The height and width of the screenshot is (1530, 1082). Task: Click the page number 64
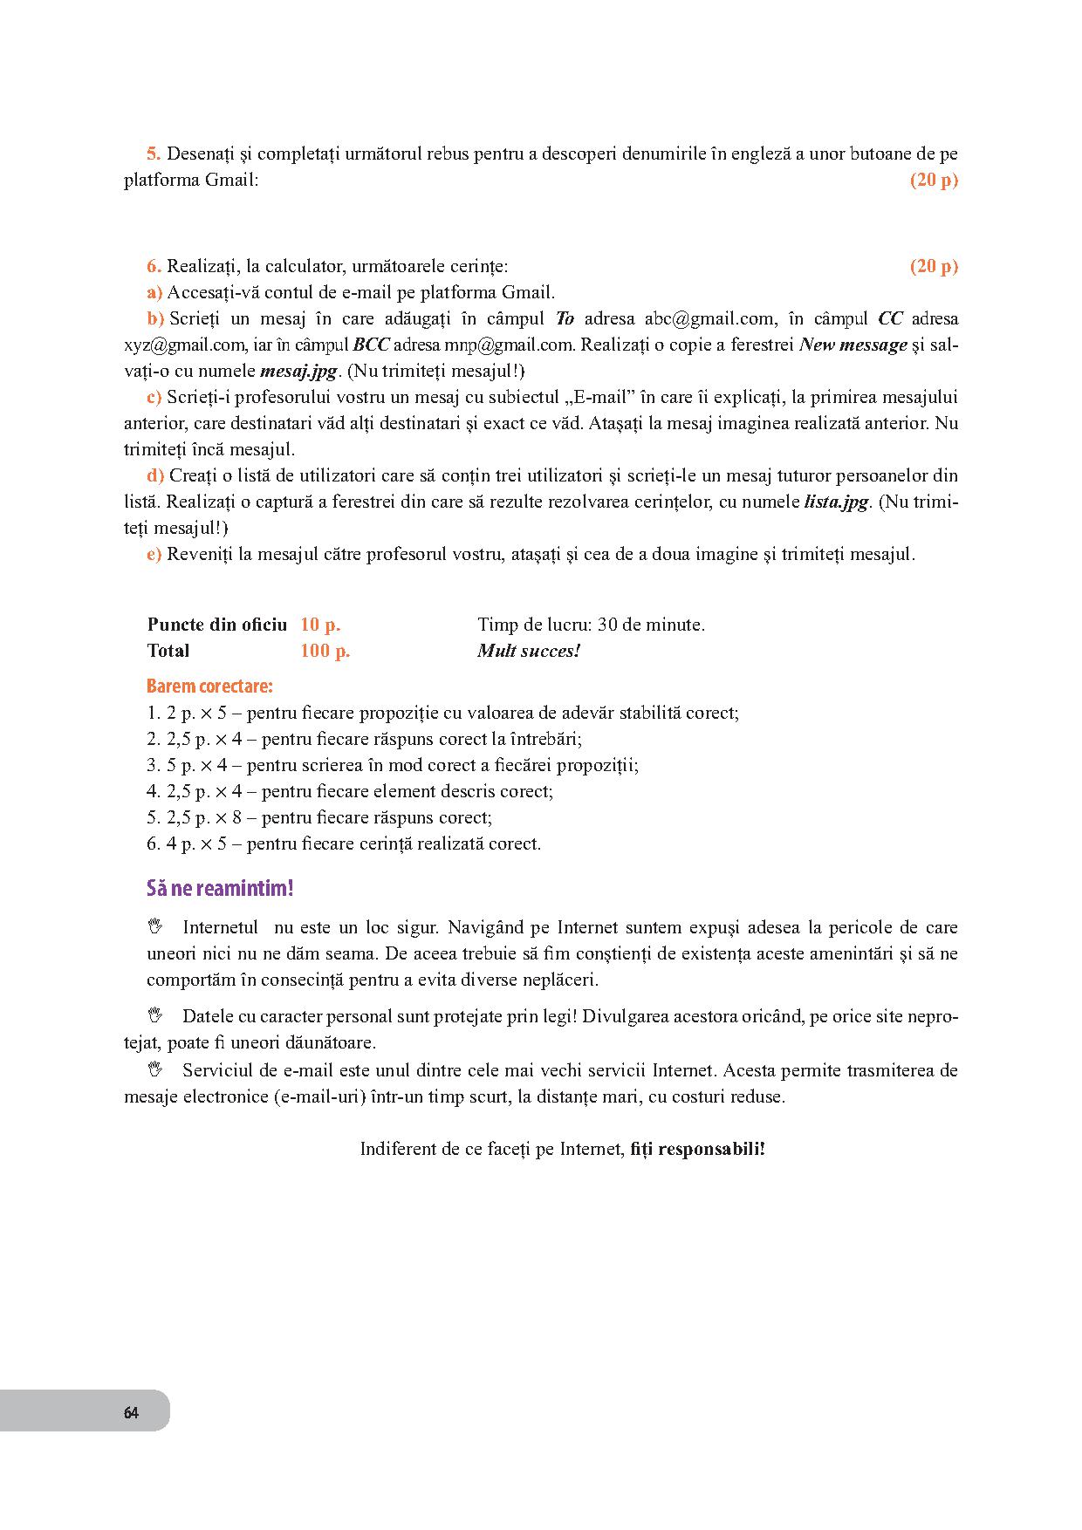[x=131, y=1413]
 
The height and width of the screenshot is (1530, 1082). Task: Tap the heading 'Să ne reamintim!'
[x=220, y=889]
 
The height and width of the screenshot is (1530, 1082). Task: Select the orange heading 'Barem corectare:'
[x=209, y=686]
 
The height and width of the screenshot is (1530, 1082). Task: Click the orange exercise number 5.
[x=154, y=154]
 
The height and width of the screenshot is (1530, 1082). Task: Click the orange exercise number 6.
[x=154, y=266]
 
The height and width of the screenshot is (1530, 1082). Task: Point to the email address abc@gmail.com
[x=709, y=318]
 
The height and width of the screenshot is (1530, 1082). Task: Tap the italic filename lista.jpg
[x=836, y=502]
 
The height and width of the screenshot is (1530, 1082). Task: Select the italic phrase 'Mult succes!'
[x=529, y=651]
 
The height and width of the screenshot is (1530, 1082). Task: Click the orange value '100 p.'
[x=325, y=651]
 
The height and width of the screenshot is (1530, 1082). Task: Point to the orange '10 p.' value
[x=320, y=625]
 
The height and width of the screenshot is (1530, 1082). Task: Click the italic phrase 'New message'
[x=853, y=345]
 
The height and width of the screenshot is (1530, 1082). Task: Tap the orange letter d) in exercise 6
[x=155, y=475]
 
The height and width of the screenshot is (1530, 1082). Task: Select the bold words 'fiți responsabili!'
[x=697, y=1149]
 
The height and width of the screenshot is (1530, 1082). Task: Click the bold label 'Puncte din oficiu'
[x=217, y=625]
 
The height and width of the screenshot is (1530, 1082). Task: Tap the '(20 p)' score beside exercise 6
[x=934, y=266]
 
